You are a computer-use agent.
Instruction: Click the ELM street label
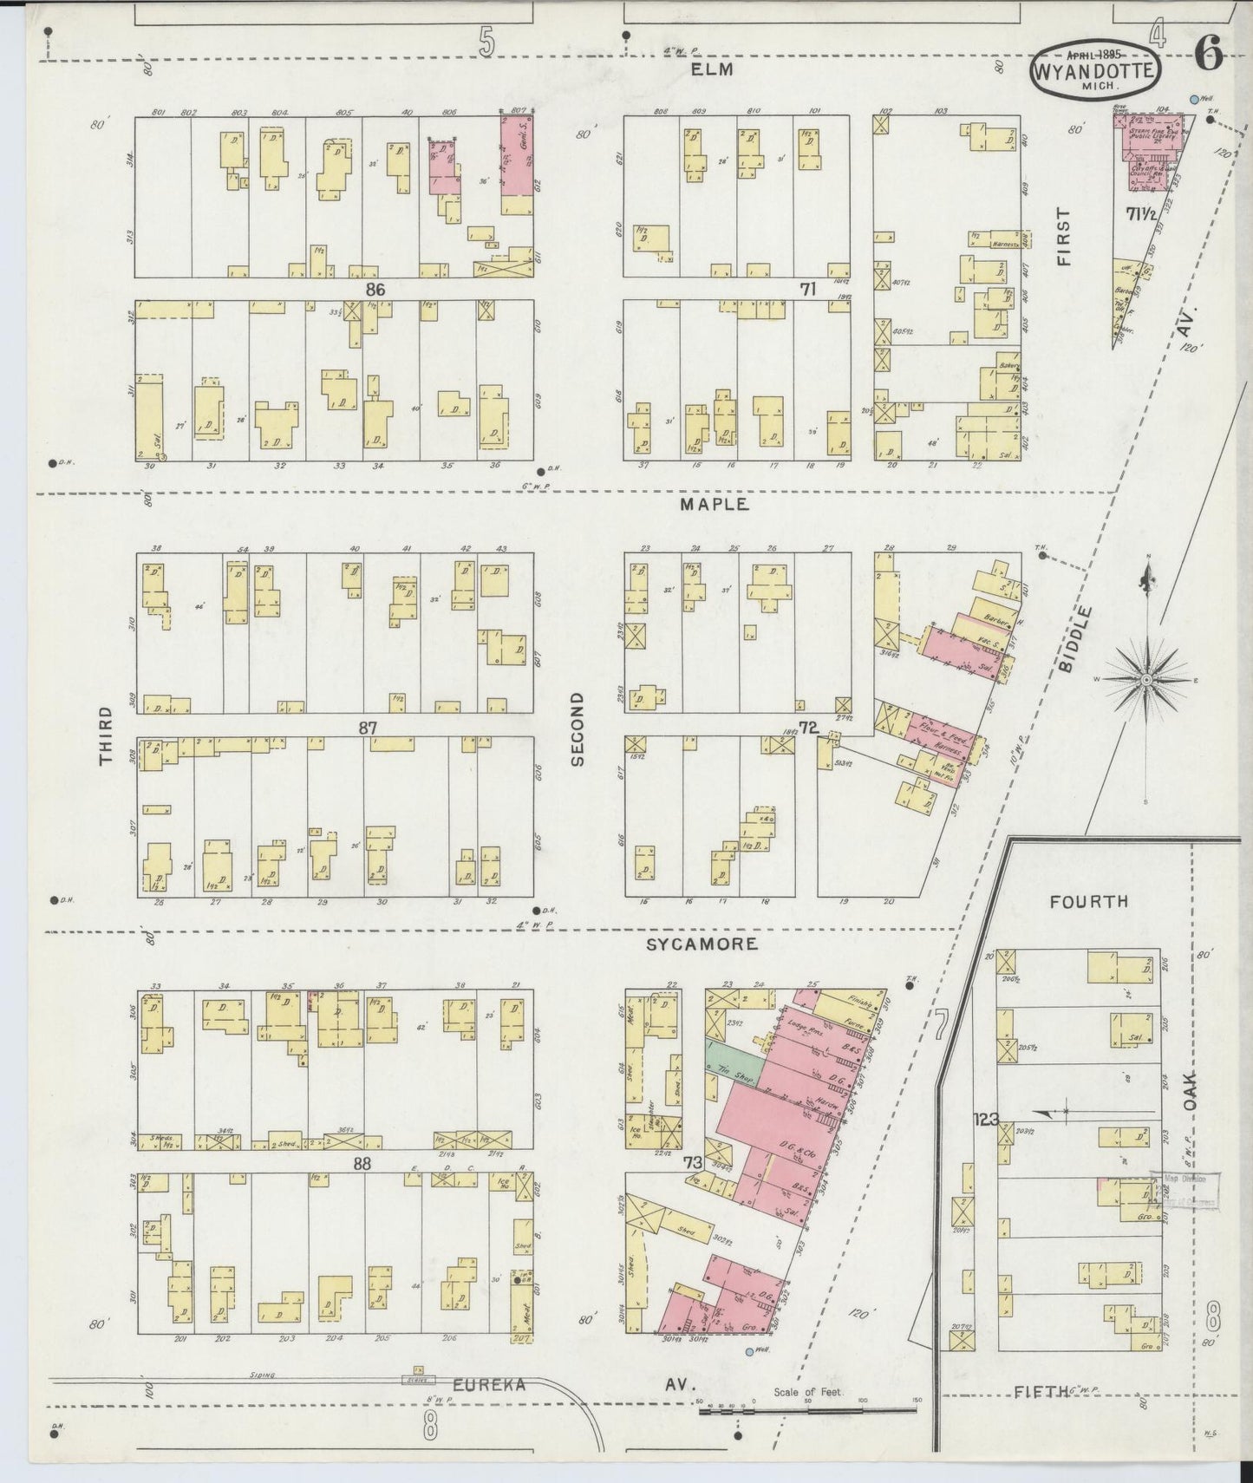pyautogui.click(x=713, y=69)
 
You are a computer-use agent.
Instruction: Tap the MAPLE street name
pyautogui.click(x=714, y=504)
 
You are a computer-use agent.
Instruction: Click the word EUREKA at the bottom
pyautogui.click(x=489, y=1385)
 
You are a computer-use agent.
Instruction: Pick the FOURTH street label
pyautogui.click(x=1088, y=901)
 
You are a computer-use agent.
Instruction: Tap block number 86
pyautogui.click(x=375, y=288)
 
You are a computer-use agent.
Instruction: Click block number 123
pyautogui.click(x=986, y=1119)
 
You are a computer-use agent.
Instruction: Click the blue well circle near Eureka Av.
pyautogui.click(x=749, y=1351)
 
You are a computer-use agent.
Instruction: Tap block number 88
pyautogui.click(x=362, y=1164)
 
